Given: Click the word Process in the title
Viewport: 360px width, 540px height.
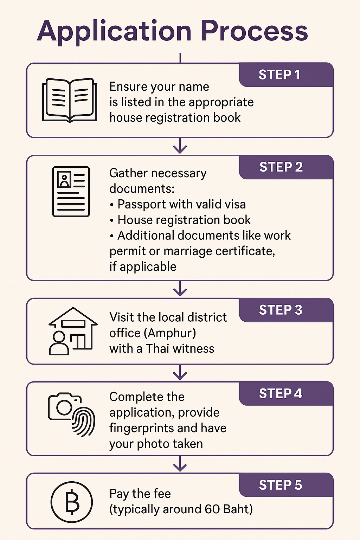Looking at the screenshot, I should pos(255,31).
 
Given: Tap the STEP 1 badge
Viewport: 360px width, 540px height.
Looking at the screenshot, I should pos(279,75).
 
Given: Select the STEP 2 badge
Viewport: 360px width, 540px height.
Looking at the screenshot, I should pos(281,167).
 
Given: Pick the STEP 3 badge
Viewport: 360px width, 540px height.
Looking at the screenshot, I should pos(281,310).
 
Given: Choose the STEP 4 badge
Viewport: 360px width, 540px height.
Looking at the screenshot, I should pos(281,393).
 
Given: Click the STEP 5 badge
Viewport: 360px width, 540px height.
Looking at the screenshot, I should pos(281,485).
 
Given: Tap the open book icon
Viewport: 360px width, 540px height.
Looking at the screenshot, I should pos(70,100).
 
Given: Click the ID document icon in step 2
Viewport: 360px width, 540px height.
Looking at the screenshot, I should pos(71,192).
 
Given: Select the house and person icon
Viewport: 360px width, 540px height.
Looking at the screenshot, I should pos(72,331).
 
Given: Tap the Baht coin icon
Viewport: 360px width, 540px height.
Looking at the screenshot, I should pos(72,502).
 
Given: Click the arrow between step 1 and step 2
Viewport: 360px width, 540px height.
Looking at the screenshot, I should pos(180,146).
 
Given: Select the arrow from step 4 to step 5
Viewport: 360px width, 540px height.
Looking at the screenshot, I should pos(180,464).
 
